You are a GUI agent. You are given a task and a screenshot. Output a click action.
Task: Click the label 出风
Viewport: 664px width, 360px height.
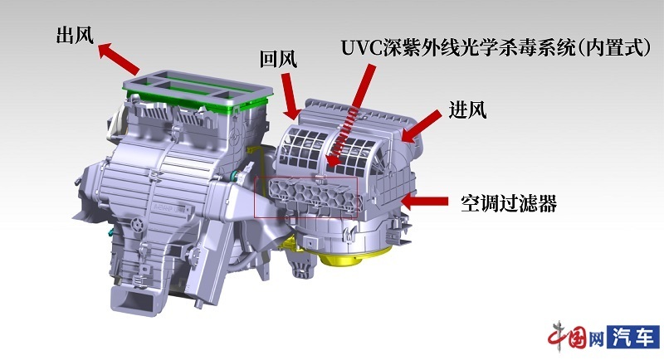click(x=75, y=35)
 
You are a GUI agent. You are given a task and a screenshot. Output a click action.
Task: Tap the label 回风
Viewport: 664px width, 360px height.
click(x=278, y=59)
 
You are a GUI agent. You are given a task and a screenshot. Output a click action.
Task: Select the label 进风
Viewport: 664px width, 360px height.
click(x=467, y=110)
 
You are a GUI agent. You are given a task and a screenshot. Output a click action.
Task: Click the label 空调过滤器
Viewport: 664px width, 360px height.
click(x=509, y=203)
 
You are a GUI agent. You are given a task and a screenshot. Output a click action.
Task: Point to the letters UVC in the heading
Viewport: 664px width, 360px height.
click(x=362, y=48)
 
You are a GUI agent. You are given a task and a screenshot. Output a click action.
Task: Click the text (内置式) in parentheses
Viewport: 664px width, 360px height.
click(x=614, y=48)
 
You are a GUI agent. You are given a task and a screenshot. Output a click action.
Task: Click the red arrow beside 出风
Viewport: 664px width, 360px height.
click(x=118, y=58)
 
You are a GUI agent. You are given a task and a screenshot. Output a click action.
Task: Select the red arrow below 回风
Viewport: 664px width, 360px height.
click(x=291, y=96)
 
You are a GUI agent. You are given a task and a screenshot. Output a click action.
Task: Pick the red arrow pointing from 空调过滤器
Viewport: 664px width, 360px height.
click(x=424, y=201)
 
